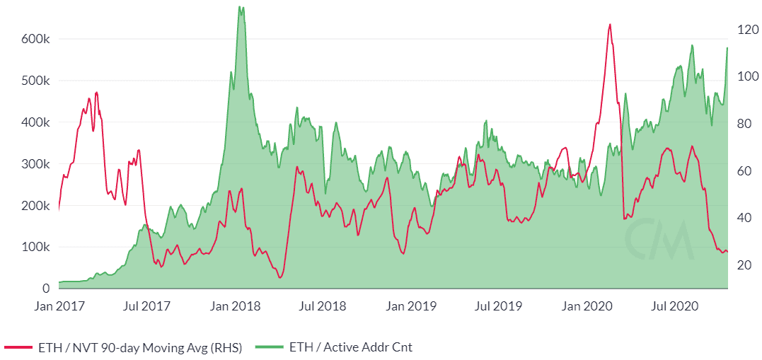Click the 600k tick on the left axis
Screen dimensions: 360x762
tap(33, 39)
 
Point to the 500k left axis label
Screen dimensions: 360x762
tap(33, 81)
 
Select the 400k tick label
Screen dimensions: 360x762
tap(33, 122)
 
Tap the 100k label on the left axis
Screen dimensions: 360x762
tap(33, 248)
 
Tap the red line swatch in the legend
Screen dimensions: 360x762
tap(18, 347)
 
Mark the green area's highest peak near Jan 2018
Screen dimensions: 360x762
tap(241, 8)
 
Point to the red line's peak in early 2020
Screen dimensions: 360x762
tap(609, 25)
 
